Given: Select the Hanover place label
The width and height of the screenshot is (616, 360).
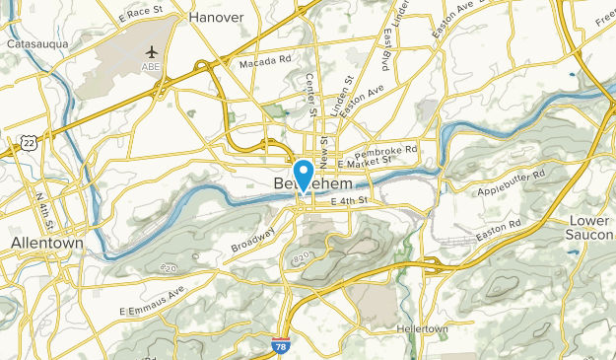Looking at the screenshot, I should click(215, 17).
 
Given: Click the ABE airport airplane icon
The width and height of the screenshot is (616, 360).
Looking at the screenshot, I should click(152, 51).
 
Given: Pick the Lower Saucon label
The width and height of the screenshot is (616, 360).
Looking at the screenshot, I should click(590, 227).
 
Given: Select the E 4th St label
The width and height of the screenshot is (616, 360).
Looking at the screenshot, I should click(349, 201).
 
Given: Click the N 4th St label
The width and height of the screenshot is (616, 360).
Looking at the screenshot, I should click(45, 207).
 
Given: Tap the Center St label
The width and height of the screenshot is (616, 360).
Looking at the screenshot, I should click(311, 96).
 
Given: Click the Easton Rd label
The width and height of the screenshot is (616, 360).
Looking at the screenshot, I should click(497, 233).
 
